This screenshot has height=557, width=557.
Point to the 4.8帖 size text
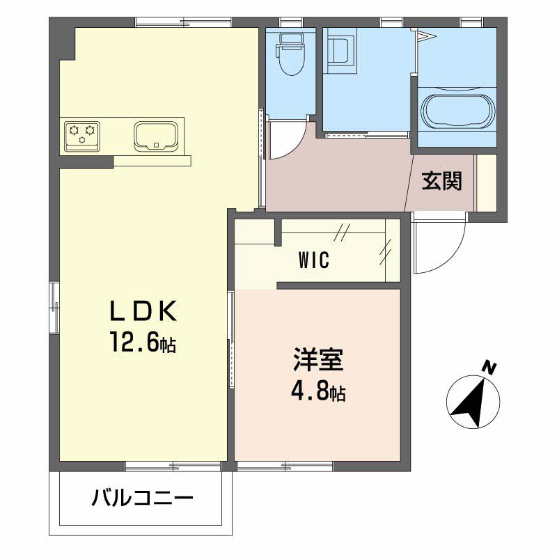click(317, 393)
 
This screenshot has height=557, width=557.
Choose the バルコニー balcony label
click(142, 499)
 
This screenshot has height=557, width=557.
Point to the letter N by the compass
click(491, 368)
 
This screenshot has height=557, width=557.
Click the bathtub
click(458, 111)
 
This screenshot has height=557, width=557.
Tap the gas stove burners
click(82, 134)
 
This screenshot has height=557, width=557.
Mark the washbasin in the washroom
click(340, 53)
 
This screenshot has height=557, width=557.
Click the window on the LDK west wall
click(54, 306)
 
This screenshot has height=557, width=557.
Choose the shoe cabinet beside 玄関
click(486, 182)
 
